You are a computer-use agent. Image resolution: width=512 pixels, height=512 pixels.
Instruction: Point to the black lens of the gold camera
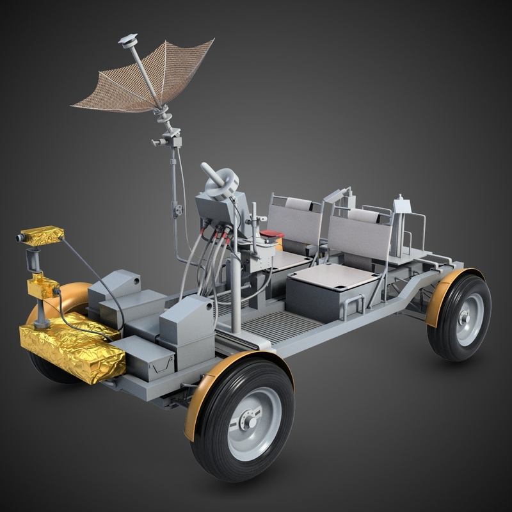[x=20, y=238]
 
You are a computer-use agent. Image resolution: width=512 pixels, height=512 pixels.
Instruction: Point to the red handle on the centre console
[x=271, y=234]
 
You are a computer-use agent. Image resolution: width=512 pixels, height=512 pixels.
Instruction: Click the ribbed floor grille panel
[x=282, y=326]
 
